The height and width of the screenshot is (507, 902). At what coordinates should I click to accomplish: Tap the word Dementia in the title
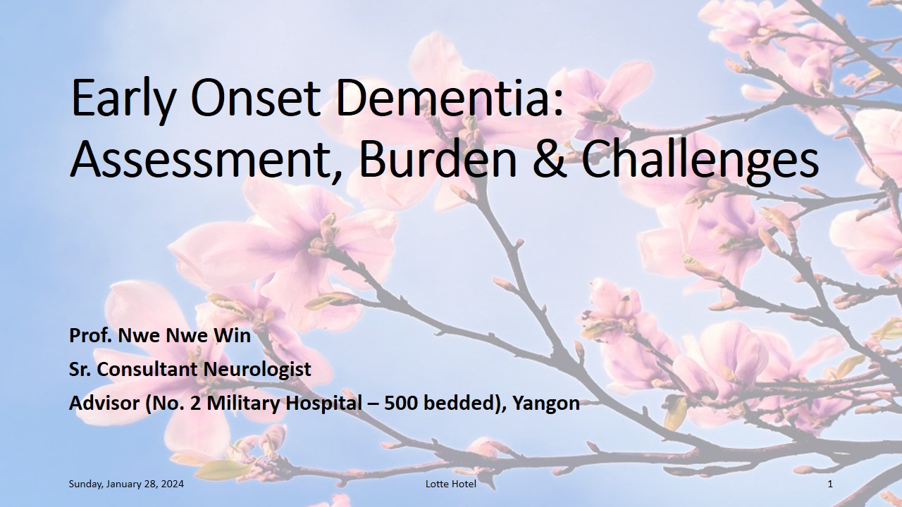(x=448, y=97)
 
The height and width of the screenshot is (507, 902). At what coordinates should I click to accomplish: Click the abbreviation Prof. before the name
(x=91, y=336)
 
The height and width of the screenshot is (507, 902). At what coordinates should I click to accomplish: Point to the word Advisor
(x=104, y=403)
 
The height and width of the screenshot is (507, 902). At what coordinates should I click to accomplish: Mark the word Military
(x=243, y=404)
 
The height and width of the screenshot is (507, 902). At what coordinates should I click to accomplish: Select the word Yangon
(x=546, y=404)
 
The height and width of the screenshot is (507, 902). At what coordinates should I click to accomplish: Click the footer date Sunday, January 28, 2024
(x=126, y=484)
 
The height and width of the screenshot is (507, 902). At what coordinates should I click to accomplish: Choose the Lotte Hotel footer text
(x=451, y=484)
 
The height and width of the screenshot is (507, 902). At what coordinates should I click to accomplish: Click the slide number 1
(x=830, y=484)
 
